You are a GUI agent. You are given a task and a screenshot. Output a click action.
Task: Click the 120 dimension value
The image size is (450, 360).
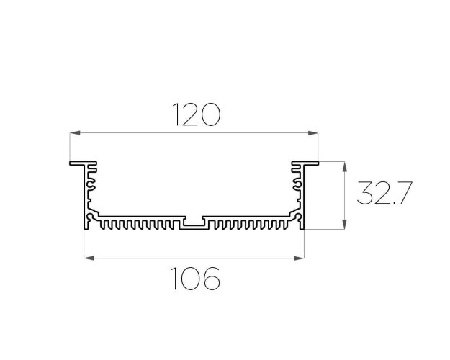197,114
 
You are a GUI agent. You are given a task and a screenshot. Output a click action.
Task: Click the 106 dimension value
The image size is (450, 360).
195,278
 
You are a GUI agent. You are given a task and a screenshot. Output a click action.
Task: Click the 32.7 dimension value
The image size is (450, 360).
384,193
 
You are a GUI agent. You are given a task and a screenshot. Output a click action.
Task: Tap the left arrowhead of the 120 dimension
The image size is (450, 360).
75,133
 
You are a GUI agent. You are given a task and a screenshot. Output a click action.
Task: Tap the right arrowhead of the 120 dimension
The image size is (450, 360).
312,133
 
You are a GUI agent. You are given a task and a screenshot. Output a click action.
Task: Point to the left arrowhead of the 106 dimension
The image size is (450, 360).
89,258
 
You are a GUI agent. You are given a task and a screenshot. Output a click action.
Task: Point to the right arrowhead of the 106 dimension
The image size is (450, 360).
299,258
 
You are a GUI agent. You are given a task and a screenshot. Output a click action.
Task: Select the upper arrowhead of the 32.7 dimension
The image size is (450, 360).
345,167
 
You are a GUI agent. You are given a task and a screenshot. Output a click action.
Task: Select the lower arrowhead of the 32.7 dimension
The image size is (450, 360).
345,224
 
